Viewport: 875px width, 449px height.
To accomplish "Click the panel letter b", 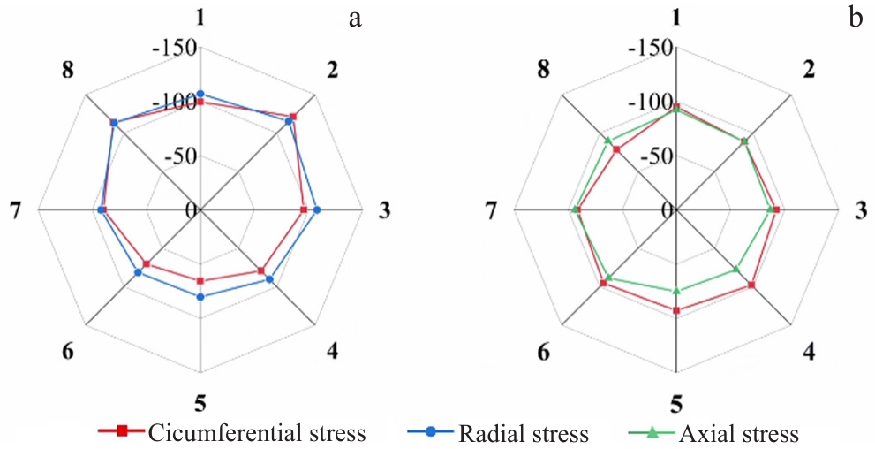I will (x=855, y=18).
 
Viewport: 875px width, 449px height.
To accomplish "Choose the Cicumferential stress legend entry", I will (x=242, y=432).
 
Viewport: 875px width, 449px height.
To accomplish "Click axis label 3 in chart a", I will (x=384, y=210).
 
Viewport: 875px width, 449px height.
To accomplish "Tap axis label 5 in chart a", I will (x=200, y=406).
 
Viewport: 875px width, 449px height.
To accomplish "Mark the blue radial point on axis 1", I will (x=200, y=94).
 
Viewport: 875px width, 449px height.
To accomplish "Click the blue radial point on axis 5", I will (x=200, y=297).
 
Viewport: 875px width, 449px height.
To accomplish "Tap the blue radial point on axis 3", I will (x=317, y=209).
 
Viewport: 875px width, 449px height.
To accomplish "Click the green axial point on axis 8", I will (x=607, y=141).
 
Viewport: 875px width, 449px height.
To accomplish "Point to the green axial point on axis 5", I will (x=677, y=291).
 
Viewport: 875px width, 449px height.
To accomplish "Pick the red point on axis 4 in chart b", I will (x=751, y=285).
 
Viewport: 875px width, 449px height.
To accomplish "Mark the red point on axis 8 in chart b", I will (x=616, y=149).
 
